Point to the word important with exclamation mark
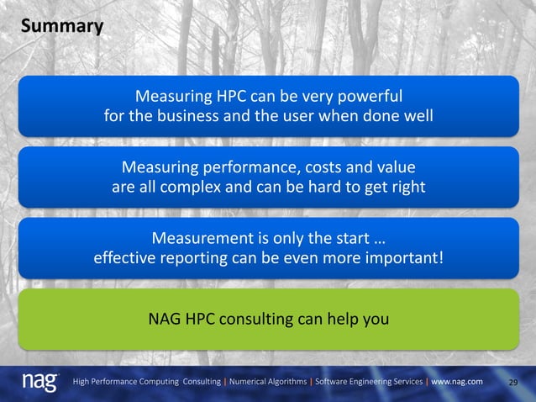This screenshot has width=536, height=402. point(407,257)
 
